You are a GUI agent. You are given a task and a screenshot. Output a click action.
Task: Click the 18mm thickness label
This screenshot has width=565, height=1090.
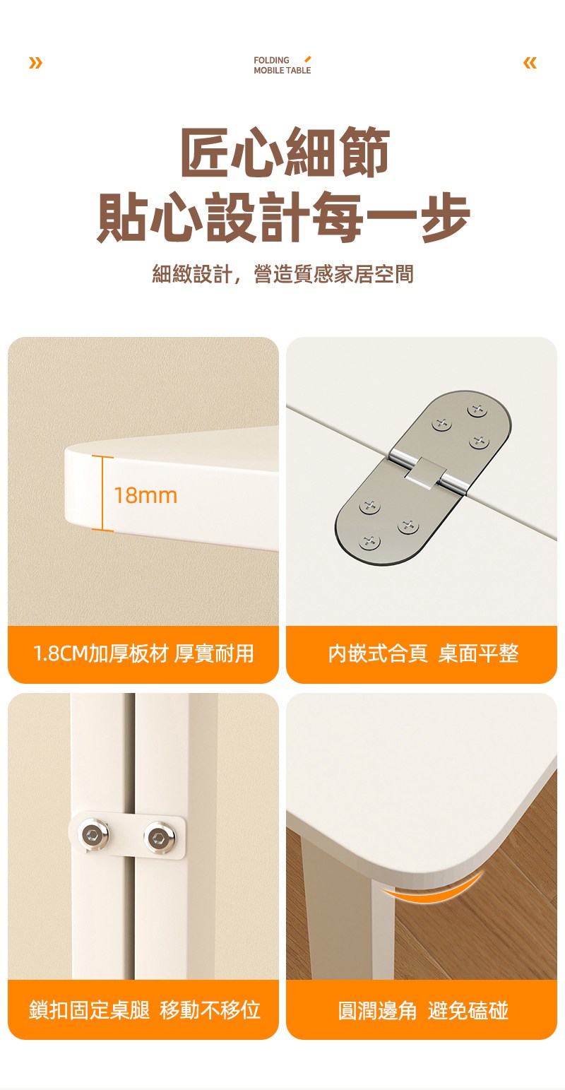click(145, 495)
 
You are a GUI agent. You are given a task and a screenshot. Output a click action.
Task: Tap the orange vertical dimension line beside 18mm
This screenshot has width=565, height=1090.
click(102, 493)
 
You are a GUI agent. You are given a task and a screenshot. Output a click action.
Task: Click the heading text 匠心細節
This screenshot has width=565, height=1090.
click(285, 152)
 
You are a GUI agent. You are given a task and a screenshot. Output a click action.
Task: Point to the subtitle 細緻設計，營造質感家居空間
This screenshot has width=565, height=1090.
click(282, 274)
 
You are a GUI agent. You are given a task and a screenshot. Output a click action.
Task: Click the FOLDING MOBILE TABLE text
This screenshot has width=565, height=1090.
click(282, 65)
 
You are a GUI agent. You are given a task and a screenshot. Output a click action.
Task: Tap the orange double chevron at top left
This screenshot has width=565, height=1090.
click(35, 63)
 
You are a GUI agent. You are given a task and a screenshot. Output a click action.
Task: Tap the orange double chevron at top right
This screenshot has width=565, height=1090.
click(530, 63)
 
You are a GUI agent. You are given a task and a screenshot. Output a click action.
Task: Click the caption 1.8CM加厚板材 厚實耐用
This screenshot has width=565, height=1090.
click(143, 653)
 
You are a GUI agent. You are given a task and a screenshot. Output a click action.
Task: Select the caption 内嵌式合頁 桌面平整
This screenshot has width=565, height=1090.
click(423, 653)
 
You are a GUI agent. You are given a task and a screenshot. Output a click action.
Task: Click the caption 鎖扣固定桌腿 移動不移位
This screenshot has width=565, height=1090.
click(145, 1009)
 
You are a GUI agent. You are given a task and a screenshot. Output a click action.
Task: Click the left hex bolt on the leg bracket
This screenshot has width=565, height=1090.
click(91, 835)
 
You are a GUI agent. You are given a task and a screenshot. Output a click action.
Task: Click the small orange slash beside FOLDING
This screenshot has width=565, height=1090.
click(307, 59)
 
